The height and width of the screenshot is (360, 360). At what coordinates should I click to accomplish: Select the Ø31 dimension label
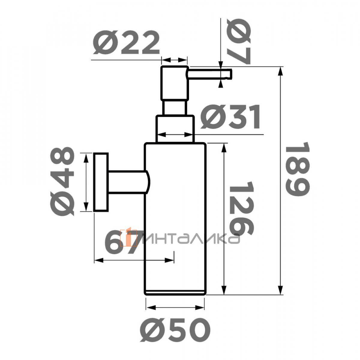click(x=230, y=117)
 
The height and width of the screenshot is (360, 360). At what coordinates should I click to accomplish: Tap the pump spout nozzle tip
click(x=231, y=74)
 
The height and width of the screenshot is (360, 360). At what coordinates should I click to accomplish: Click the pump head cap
click(x=174, y=83)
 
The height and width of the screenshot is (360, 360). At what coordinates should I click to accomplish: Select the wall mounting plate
click(x=101, y=182)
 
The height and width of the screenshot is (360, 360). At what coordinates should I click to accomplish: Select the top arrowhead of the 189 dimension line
click(x=280, y=71)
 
